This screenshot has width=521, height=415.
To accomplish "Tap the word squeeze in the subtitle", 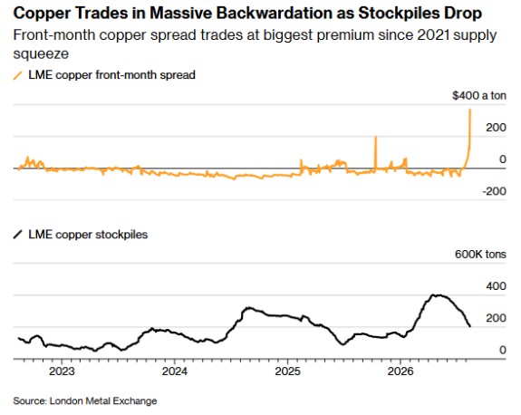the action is point(41,54).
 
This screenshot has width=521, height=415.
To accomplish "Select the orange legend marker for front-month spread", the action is point(17,75).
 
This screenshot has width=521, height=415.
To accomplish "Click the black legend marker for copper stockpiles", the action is point(17,235).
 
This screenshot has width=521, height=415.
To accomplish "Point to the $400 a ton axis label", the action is point(479,96).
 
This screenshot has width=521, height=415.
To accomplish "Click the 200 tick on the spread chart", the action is point(496,128).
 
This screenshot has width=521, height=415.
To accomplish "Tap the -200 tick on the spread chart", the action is point(494,191).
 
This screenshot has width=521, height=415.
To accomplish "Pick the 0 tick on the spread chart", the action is point(503,159).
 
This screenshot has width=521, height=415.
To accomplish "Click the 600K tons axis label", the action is point(480,255).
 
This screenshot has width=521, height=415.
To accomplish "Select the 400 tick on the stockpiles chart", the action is point(496,286).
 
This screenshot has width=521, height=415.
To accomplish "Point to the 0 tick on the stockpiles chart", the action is point(503,350).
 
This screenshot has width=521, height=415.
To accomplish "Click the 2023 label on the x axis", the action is point(62,372).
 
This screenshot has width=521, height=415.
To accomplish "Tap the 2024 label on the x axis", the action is point(175,372).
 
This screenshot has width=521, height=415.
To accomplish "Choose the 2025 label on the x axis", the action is point(288,372).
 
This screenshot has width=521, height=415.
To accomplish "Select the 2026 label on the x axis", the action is point(400,372).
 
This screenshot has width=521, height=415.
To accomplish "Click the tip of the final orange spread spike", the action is point(470,109).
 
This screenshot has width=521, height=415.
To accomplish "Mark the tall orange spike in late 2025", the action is point(375,153).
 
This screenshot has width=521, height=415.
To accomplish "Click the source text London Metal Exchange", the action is point(103,401).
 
